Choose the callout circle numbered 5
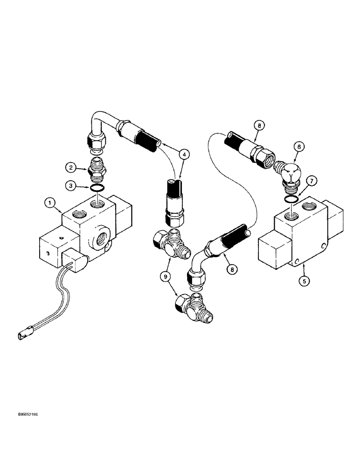click(x=304, y=281)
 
